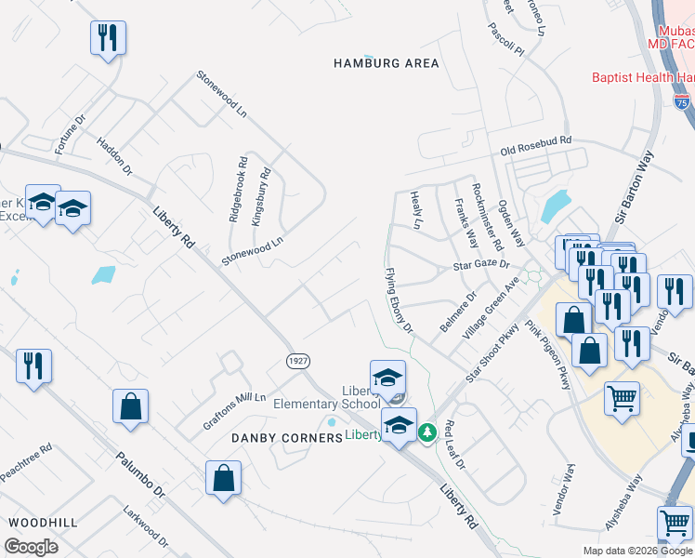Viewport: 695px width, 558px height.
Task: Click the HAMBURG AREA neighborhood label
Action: [387, 63]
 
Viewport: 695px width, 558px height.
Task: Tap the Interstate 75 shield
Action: [682, 99]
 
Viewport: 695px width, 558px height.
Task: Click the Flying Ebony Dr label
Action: [399, 300]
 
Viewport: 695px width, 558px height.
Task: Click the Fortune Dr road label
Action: [70, 133]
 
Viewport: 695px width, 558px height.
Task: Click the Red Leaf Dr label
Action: [453, 444]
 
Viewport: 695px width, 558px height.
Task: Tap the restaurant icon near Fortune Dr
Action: [108, 38]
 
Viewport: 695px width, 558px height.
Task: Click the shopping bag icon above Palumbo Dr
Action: [130, 406]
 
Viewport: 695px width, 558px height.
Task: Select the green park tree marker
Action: [427, 432]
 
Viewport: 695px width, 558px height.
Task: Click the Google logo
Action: [32, 547]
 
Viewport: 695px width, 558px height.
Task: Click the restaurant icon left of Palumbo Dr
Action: [33, 365]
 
